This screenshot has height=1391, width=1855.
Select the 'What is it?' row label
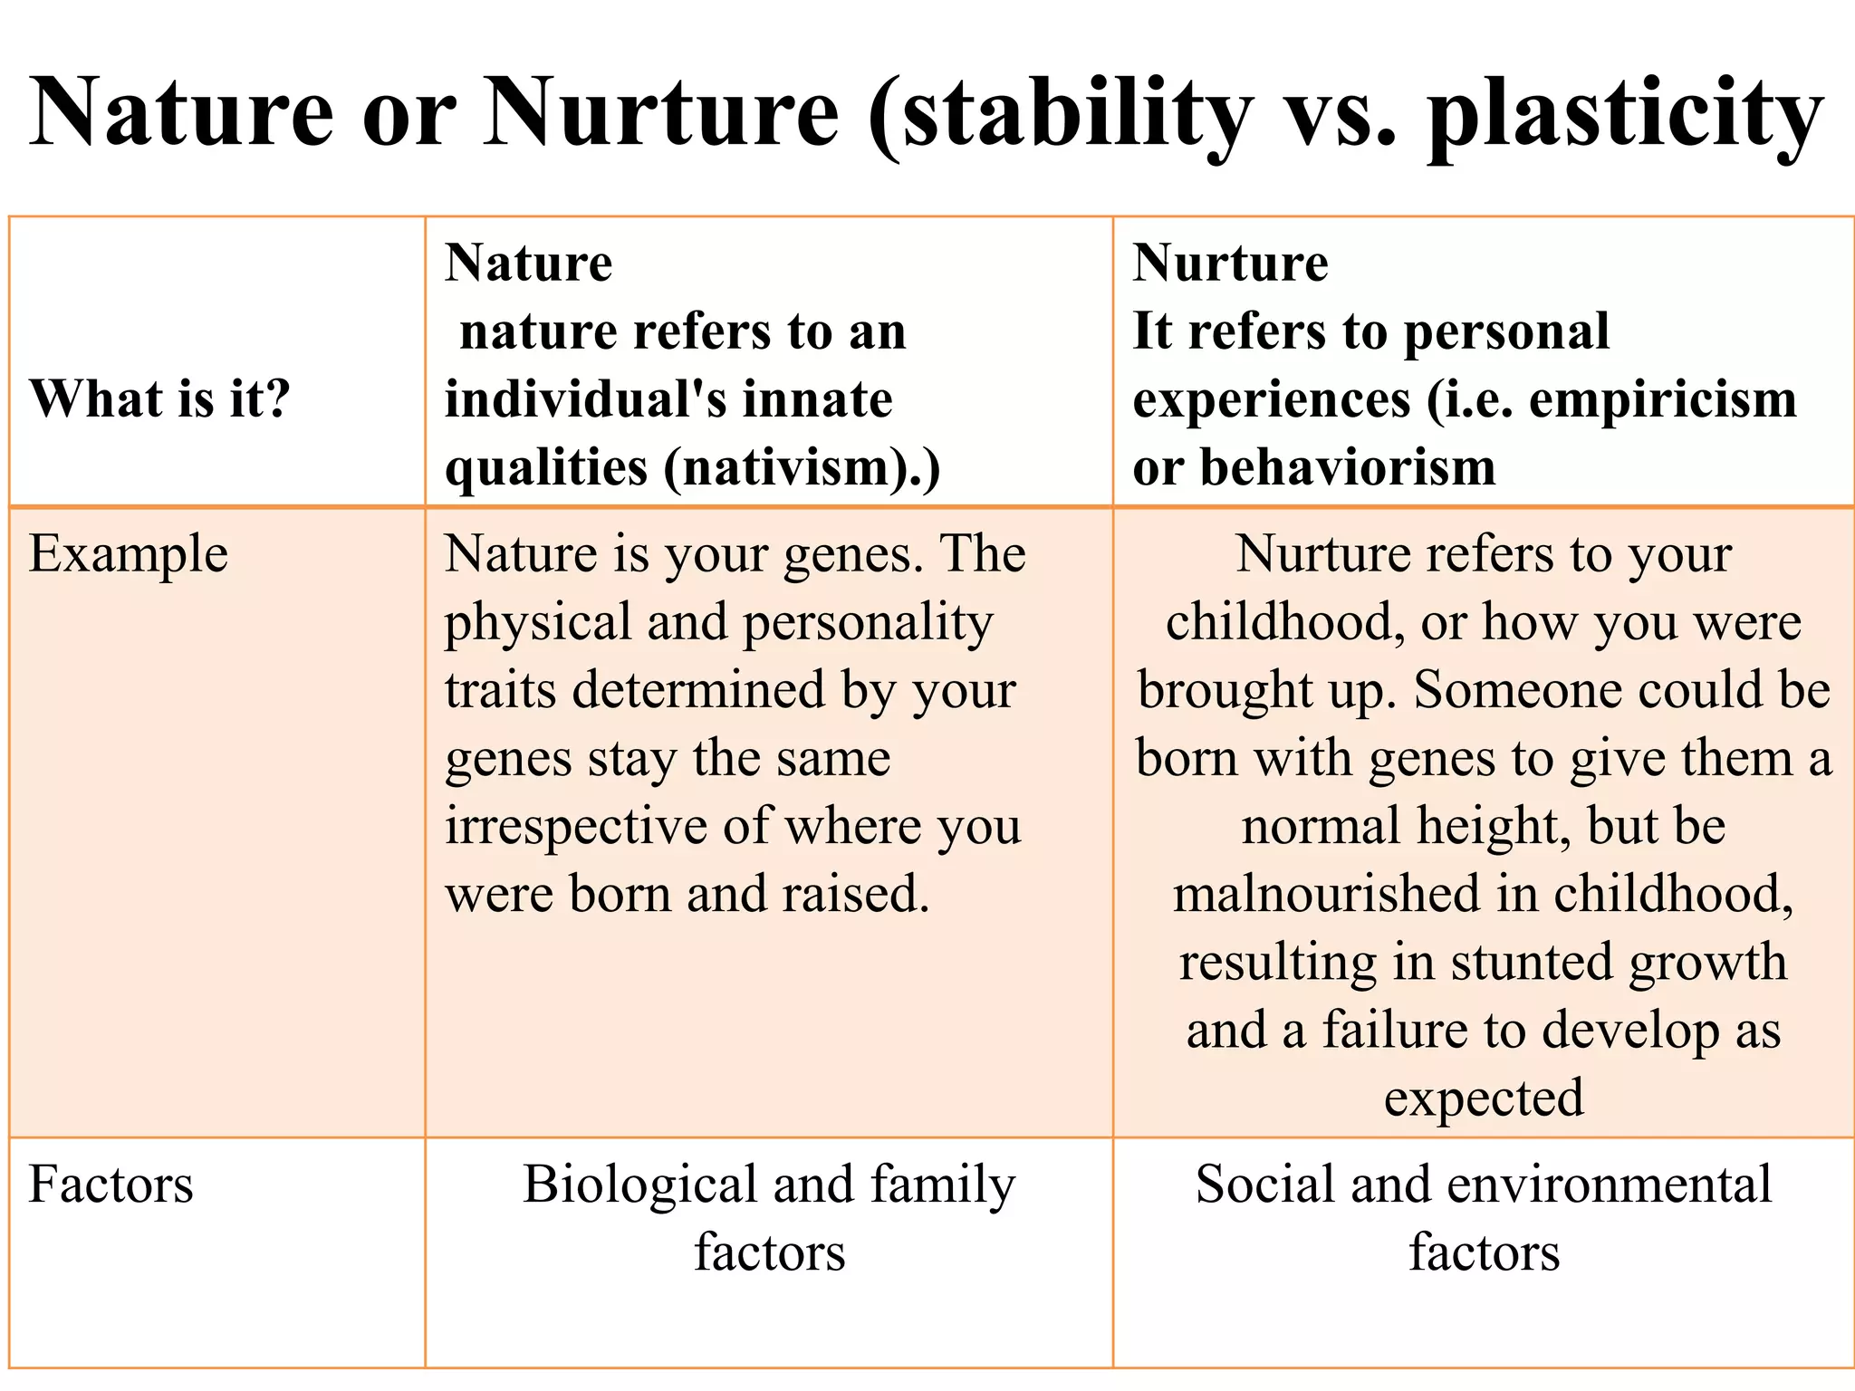point(159,398)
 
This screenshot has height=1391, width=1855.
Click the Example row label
point(128,554)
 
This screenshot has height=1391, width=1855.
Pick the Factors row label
point(111,1185)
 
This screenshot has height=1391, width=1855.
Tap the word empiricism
point(1663,399)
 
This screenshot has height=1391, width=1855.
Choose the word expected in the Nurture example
point(1484,1098)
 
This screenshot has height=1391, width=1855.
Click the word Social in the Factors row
point(1264,1185)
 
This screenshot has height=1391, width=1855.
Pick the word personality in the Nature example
point(868,623)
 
